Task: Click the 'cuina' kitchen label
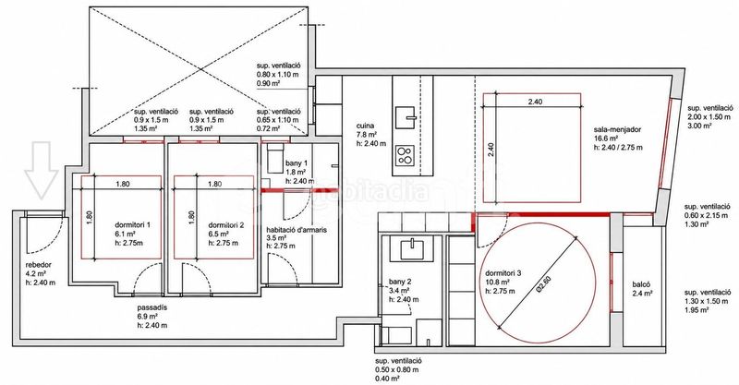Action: (365, 126)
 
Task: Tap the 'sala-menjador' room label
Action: (617, 129)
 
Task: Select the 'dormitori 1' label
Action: (132, 224)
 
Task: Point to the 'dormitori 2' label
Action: (225, 225)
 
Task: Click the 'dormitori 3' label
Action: (503, 273)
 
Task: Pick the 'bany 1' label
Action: (296, 163)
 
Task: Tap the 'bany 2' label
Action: (400, 282)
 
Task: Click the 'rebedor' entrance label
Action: (39, 265)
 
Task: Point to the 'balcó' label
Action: (641, 284)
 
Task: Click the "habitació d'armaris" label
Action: (296, 230)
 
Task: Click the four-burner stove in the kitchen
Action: (405, 155)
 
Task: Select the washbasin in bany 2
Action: (411, 249)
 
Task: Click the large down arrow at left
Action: (42, 170)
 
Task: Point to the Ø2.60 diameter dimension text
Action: (544, 284)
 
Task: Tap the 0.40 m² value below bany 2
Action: (388, 378)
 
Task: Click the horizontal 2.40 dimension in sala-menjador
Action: (535, 102)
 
